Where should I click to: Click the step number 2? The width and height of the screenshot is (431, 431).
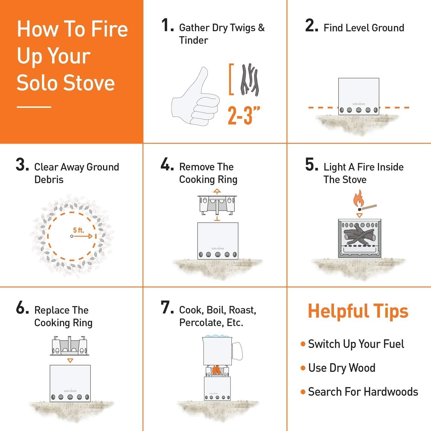(x=311, y=26)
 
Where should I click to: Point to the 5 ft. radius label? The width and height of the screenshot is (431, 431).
(x=78, y=230)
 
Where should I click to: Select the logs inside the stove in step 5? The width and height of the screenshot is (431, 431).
(x=359, y=236)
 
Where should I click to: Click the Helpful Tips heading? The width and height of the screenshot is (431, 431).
(x=358, y=311)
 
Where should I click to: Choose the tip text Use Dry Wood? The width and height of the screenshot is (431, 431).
(x=342, y=368)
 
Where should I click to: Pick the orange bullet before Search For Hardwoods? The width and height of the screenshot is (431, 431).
(x=303, y=392)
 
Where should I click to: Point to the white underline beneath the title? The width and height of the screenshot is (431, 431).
(x=34, y=107)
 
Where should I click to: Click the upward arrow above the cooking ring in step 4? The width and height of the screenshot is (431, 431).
(x=217, y=191)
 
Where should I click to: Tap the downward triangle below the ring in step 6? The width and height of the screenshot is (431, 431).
(x=70, y=360)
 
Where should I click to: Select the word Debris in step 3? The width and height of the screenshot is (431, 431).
(x=49, y=180)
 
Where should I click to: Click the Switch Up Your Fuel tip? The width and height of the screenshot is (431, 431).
(x=356, y=344)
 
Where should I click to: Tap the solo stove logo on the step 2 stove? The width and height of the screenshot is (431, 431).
(x=359, y=104)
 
